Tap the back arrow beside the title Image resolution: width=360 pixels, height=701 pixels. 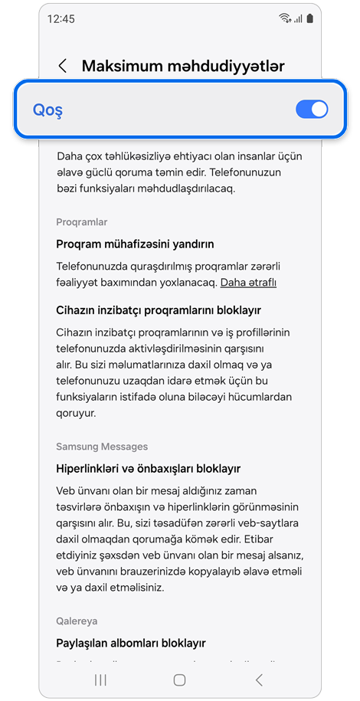(63, 66)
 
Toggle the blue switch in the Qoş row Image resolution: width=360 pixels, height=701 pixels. (311, 110)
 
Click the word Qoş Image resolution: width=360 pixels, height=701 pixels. (47, 110)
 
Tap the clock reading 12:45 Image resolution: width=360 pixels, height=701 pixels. (61, 18)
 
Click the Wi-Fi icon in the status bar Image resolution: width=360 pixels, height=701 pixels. (285, 18)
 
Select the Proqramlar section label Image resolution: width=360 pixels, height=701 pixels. (82, 222)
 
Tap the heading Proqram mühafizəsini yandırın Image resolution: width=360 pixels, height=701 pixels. (135, 244)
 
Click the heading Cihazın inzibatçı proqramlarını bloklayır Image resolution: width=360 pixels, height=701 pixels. (159, 310)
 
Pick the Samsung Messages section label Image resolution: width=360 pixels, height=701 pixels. (102, 447)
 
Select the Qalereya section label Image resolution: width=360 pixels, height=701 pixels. (77, 621)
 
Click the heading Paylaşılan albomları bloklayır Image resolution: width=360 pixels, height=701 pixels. (131, 643)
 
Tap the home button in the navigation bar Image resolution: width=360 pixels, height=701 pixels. (179, 680)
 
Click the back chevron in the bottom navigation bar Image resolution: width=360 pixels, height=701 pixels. (259, 680)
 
